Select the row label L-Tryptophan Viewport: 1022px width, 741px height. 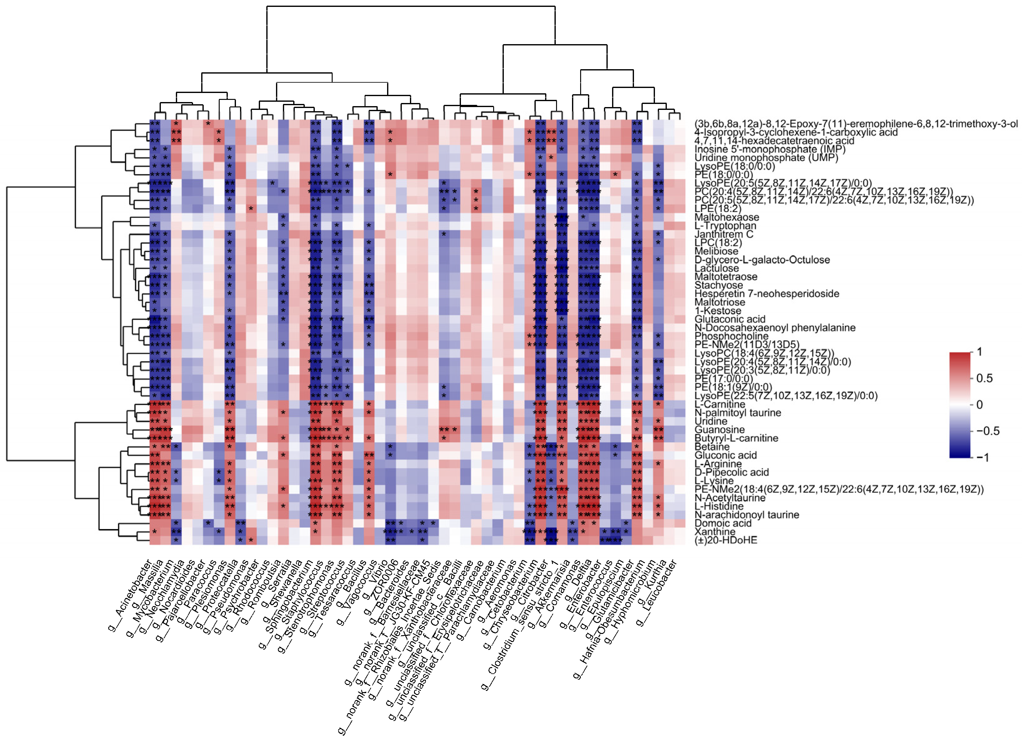coord(725,226)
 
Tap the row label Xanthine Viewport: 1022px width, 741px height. coord(715,532)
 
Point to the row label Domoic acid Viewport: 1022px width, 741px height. coord(723,523)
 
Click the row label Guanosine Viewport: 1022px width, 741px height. coord(720,430)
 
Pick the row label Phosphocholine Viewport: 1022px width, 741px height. coord(731,336)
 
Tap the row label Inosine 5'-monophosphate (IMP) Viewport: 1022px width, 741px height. coord(770,149)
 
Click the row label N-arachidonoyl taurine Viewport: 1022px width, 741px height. coord(747,515)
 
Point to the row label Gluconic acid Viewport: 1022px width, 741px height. coord(725,455)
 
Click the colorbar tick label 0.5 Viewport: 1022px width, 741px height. coord(984,378)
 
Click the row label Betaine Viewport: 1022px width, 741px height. coord(712,447)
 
